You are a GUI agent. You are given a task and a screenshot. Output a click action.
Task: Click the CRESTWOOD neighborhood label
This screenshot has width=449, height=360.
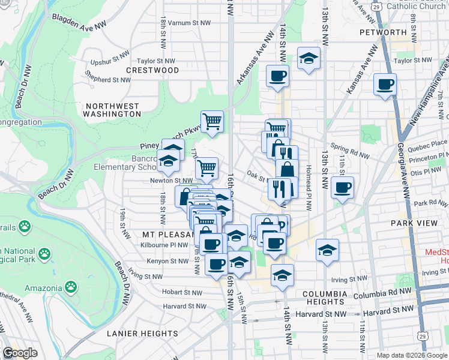point(152,70)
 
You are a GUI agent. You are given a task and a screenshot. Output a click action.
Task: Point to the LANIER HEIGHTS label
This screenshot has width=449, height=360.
point(142,333)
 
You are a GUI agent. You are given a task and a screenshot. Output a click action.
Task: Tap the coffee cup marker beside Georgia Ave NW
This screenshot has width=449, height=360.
point(385,85)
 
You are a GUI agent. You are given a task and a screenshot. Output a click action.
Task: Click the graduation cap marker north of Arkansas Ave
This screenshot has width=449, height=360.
point(309,59)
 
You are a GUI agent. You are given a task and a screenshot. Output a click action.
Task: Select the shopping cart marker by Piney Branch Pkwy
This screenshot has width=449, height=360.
point(212,122)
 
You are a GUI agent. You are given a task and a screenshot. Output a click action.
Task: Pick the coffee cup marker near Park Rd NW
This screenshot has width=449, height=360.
point(342,188)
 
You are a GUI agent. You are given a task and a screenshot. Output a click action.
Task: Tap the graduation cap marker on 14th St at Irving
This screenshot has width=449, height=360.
point(282,275)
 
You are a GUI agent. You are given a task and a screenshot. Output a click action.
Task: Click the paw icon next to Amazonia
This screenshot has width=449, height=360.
point(71,287)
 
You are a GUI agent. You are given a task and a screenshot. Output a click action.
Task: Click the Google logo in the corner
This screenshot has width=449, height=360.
point(20,353)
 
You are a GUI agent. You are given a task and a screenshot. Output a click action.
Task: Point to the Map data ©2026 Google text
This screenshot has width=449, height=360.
point(411,355)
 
